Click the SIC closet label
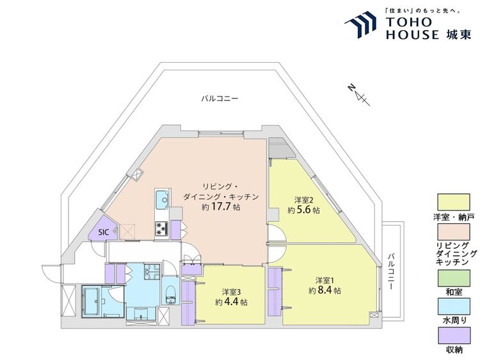click(104, 232)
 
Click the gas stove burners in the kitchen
click(162, 228)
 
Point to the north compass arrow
click(359, 95)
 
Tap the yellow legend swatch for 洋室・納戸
click(453, 203)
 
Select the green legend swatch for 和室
click(453, 278)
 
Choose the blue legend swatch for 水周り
click(453, 307)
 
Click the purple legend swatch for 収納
click(453, 336)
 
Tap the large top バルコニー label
click(220, 98)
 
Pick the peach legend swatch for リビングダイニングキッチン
click(453, 231)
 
